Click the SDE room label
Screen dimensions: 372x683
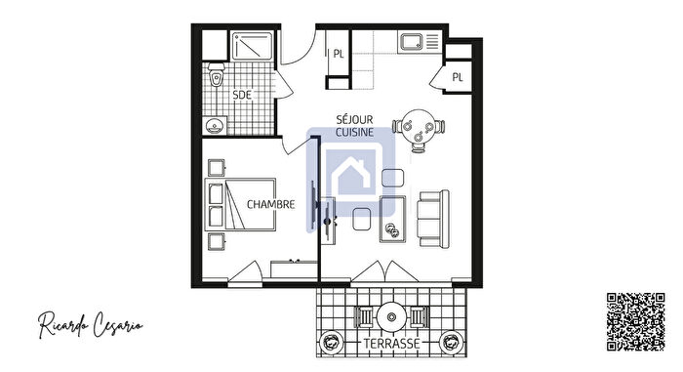point(241,95)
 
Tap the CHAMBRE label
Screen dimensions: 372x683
point(270,205)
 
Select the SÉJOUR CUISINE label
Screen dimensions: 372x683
point(353,124)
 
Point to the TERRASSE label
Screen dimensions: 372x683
point(391,345)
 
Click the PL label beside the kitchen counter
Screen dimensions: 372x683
point(339,55)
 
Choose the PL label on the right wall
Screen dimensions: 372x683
point(457,77)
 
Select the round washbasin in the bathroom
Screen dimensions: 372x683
point(216,125)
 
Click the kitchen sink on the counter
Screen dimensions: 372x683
point(410,42)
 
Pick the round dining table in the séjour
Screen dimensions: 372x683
point(420,127)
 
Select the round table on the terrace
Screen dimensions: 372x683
point(391,316)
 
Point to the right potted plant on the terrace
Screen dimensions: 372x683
point(450,342)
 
